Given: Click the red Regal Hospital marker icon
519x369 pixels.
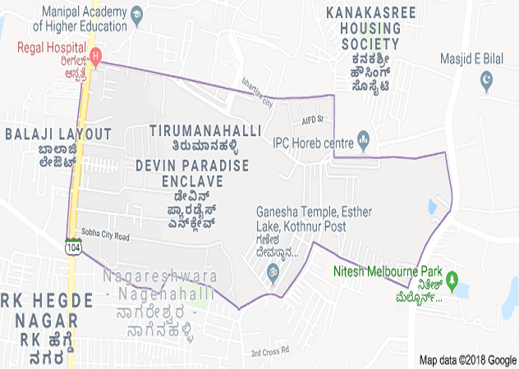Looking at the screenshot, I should [96, 58].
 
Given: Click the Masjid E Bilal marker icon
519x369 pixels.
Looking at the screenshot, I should [489, 79].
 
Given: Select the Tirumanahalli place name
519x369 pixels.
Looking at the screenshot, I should [206, 130].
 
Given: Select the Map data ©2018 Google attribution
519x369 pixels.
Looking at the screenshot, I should [466, 359].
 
